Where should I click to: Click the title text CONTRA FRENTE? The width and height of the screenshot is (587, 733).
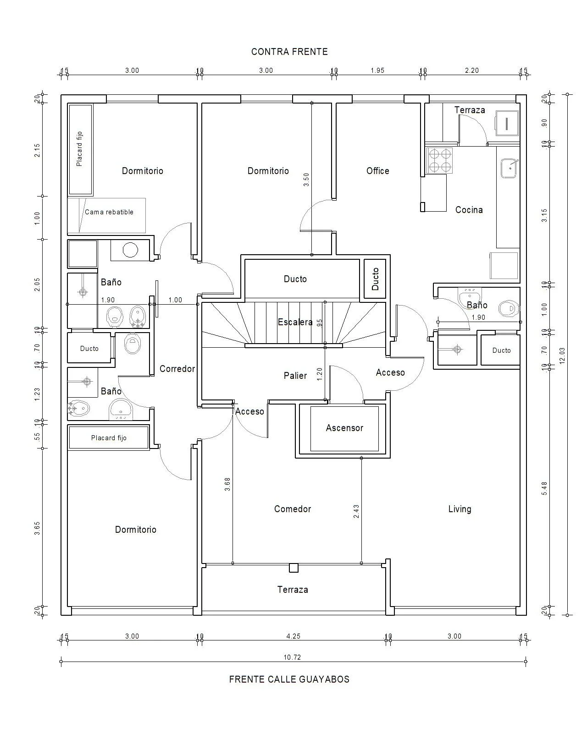[x=289, y=52]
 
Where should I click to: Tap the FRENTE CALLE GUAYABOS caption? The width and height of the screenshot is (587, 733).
[x=289, y=679]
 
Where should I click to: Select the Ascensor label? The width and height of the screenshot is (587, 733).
[x=344, y=428]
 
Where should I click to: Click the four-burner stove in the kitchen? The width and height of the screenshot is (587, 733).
[x=439, y=160]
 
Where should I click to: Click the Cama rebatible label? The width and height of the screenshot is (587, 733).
[x=109, y=212]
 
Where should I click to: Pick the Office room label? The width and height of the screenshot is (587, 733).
[x=378, y=171]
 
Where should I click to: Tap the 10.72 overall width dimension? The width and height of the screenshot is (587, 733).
[x=292, y=657]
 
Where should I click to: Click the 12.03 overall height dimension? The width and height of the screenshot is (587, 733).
[x=563, y=355]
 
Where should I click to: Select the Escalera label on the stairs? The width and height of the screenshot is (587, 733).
[x=295, y=322]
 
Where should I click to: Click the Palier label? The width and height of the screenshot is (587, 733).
[x=295, y=376]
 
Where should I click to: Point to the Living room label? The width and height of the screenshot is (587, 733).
[x=460, y=509]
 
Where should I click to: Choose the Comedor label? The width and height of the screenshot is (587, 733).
[x=293, y=509]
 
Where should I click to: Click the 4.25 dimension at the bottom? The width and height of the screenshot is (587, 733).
[x=293, y=636]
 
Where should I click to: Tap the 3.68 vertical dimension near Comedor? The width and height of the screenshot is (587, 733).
[x=227, y=485]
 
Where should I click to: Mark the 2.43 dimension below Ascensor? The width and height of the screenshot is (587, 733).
[x=356, y=512]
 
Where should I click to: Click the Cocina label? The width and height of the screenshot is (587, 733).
[x=469, y=210]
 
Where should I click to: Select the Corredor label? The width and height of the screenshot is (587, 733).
[x=177, y=369]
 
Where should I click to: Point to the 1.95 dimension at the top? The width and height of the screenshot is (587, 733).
[x=377, y=71]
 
